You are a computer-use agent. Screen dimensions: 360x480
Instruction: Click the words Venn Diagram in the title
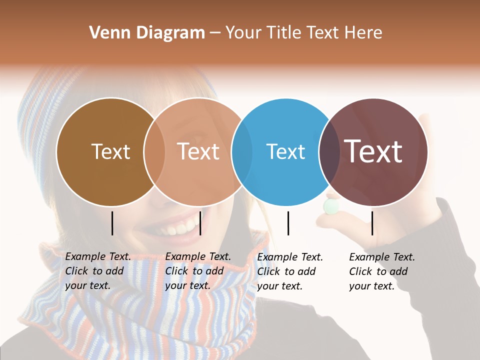[x=147, y=33]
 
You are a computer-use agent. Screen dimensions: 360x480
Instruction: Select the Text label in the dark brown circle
[x=110, y=151]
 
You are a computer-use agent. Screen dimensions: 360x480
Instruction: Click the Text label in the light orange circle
[x=198, y=151]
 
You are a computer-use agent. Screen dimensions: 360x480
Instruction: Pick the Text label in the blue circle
[x=285, y=151]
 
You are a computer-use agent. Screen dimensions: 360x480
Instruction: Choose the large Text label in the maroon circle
[x=373, y=151]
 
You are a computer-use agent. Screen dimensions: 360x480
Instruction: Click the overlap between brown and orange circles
[x=154, y=152]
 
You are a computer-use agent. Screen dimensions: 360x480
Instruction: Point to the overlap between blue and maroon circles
[x=329, y=152]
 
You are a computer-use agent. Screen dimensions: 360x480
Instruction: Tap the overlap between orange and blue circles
[x=242, y=152]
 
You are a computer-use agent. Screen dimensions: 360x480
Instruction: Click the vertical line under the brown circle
[x=112, y=223]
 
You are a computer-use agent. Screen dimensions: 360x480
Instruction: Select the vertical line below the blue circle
[x=288, y=223]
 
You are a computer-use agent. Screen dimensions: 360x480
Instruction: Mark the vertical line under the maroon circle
[x=372, y=223]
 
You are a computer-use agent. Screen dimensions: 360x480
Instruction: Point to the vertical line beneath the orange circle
[x=200, y=223]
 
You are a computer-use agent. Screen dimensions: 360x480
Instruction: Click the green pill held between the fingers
[x=330, y=206]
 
